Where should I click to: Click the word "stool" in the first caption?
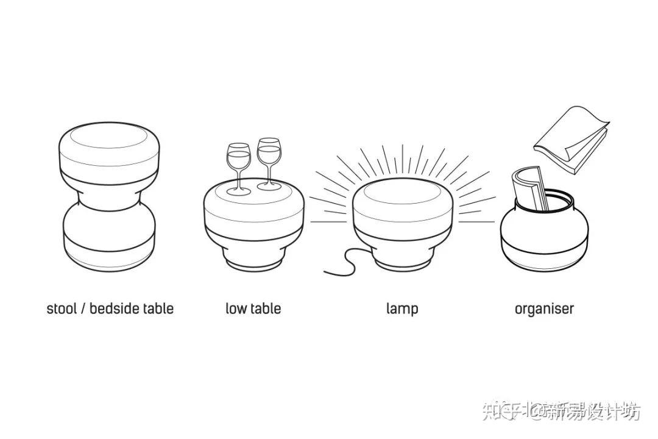pos(62,309)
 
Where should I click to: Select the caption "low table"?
pos(253,309)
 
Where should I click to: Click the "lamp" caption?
pos(402,309)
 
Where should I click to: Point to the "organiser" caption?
pos(544,309)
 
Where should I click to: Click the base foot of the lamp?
pos(402,261)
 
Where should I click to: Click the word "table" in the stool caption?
pos(158,309)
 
